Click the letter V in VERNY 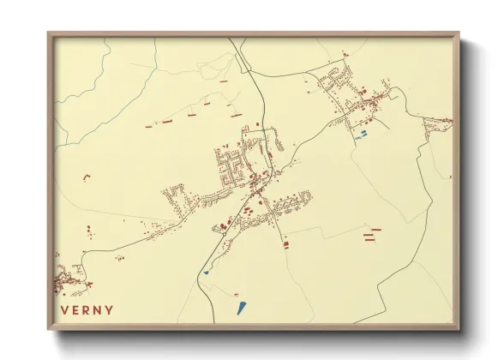(64, 310)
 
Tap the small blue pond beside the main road (207, 273)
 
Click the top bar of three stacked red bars (371, 229)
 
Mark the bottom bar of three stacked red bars (371, 241)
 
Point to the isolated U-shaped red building (87, 177)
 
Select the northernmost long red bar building (223, 81)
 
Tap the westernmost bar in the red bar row (149, 127)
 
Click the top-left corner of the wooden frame (50, 35)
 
